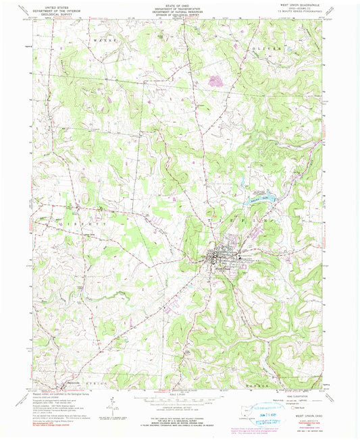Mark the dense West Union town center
click(x=218, y=257)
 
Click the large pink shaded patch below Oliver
click(x=215, y=82)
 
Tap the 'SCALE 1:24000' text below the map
click(x=179, y=395)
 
